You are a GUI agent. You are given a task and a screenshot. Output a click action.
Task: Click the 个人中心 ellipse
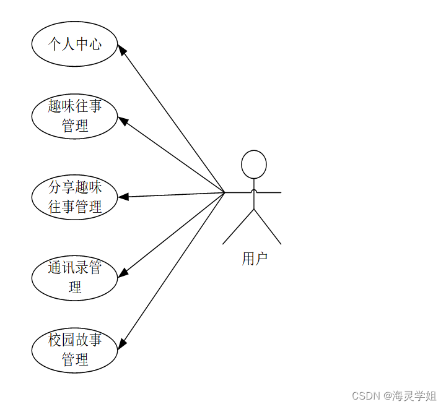pyautogui.click(x=74, y=44)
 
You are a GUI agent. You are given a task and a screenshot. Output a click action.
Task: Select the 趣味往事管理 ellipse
pyautogui.click(x=74, y=116)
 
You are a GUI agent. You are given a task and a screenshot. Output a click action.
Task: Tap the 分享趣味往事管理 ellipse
pyautogui.click(x=74, y=197)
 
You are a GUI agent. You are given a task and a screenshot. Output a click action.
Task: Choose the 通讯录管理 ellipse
pyautogui.click(x=74, y=278)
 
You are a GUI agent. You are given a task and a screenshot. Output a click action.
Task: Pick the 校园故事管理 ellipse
pyautogui.click(x=74, y=349)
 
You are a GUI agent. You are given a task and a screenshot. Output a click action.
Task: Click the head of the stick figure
pyautogui.click(x=253, y=165)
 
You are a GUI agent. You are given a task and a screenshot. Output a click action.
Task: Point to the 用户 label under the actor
pyautogui.click(x=254, y=259)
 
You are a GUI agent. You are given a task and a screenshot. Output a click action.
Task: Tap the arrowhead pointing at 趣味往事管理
pyautogui.click(x=123, y=121)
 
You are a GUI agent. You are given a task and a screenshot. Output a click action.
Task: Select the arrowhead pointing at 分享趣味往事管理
pyautogui.click(x=123, y=197)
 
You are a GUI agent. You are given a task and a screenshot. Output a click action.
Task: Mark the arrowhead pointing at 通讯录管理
pyautogui.click(x=123, y=273)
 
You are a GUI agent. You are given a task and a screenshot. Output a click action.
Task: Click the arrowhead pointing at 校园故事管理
pyautogui.click(x=123, y=344)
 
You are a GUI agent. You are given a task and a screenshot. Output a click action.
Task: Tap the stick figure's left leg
pyautogui.click(x=238, y=227)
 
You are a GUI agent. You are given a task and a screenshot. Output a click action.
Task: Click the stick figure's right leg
pyautogui.click(x=268, y=227)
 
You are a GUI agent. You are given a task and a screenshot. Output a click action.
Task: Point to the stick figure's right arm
pyautogui.click(x=269, y=192)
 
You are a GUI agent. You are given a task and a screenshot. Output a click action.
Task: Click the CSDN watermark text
pyautogui.click(x=365, y=395)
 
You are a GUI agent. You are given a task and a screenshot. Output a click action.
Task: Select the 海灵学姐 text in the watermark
pyautogui.click(x=418, y=395)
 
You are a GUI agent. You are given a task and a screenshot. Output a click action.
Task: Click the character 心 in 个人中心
pyautogui.click(x=95, y=44)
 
